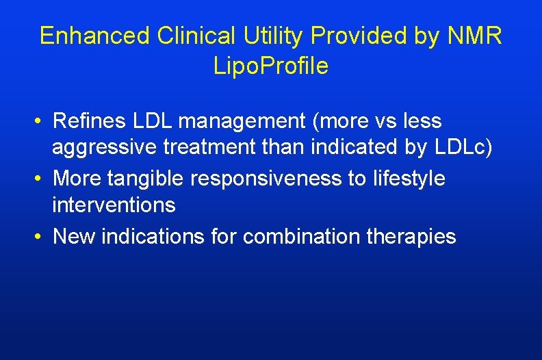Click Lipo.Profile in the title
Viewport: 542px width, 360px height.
pyautogui.click(x=271, y=66)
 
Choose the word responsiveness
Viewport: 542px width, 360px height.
pyautogui.click(x=268, y=179)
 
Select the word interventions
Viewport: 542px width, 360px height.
pyautogui.click(x=114, y=205)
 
